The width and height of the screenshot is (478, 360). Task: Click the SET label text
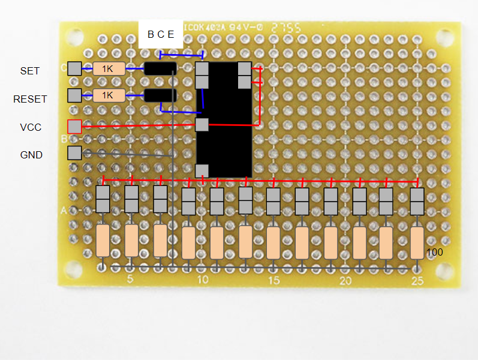coord(30,71)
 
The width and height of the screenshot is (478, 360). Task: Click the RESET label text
coord(30,98)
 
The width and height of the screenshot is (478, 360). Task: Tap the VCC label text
coord(30,127)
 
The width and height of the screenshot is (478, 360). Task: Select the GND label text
coord(31,155)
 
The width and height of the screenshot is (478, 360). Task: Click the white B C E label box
coord(161,35)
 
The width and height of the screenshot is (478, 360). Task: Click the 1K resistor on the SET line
coord(109,68)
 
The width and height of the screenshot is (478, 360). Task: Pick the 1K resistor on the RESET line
coord(109,95)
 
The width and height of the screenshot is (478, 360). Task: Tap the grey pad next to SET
coord(74,68)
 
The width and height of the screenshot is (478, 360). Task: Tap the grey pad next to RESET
coord(74,95)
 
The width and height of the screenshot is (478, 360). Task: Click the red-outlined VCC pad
coord(74,126)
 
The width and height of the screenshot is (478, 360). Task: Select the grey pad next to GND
coord(74,153)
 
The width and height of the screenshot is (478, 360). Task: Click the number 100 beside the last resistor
coord(435,253)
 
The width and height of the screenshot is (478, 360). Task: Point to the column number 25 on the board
coord(417,281)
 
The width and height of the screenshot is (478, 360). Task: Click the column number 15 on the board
coord(273,281)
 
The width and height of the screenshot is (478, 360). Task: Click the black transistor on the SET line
coord(160,68)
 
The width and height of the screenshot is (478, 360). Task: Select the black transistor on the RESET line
coord(160,95)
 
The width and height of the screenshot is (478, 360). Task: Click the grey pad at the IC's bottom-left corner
coord(202,171)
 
